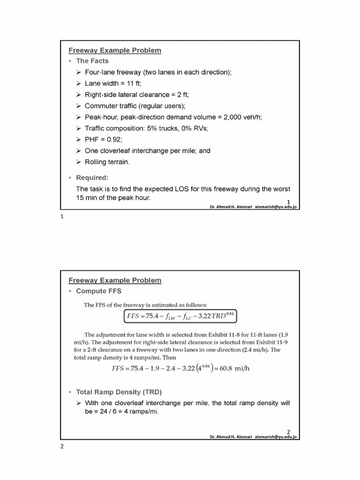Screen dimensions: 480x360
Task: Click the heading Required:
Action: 92,178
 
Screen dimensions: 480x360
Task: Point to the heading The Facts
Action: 92,61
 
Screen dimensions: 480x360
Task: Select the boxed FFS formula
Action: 180,316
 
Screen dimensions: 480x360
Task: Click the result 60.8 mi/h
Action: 235,368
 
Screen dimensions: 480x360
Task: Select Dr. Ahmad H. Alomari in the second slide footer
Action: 230,437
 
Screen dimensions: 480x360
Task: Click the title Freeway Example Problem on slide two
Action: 115,280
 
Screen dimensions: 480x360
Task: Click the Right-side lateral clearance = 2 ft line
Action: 136,95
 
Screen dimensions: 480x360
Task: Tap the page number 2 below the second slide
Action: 61,446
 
